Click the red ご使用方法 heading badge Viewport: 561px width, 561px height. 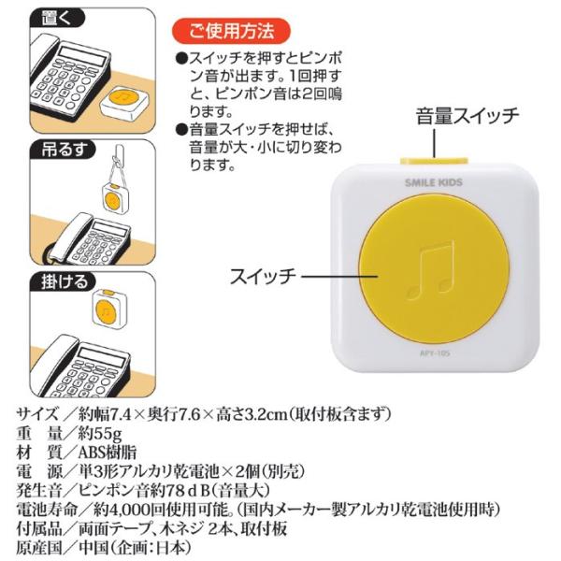coord(231,31)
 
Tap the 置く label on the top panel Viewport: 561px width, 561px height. coord(57,17)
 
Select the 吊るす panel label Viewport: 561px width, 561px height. coord(64,150)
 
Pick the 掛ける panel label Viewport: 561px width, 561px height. coord(64,281)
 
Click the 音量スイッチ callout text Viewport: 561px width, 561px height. coord(467,116)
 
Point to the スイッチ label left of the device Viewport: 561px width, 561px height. coord(263,277)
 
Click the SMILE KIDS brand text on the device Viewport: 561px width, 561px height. coord(434,183)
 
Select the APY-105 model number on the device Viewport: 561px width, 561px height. coord(435,353)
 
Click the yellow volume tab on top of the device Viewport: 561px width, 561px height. coord(435,161)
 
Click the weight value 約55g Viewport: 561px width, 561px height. coord(100,434)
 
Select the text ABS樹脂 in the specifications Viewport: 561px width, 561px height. coord(108,453)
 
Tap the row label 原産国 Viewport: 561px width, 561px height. coord(38,548)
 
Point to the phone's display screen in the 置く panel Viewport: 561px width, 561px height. coord(84,56)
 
